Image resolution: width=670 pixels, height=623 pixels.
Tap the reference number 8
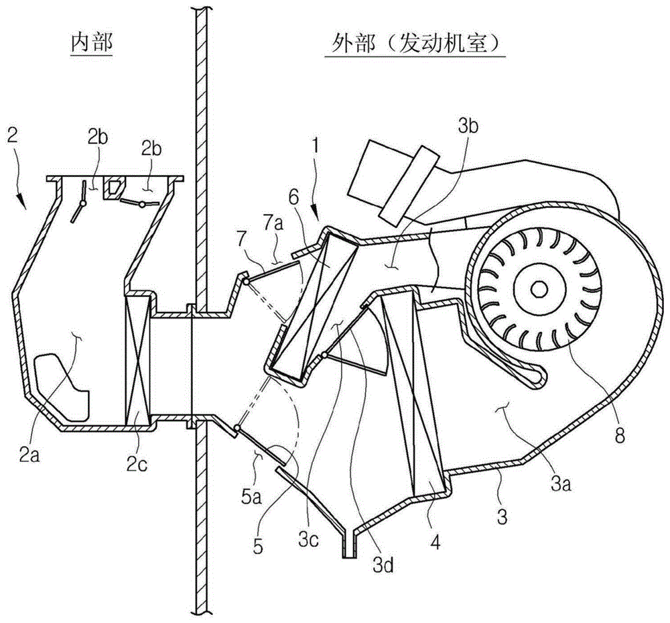point(618,435)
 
